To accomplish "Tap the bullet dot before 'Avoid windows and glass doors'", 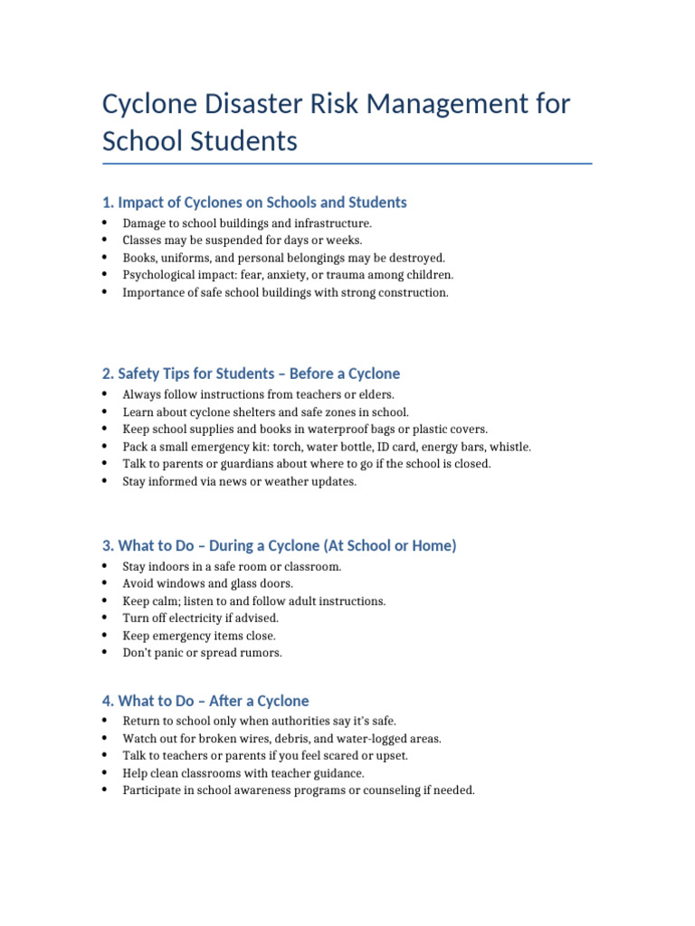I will pyautogui.click(x=105, y=583).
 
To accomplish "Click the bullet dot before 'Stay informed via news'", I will pyautogui.click(x=105, y=481).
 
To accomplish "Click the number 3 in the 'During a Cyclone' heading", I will pyautogui.click(x=107, y=545).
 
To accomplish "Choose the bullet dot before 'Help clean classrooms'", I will pyautogui.click(x=105, y=773).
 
